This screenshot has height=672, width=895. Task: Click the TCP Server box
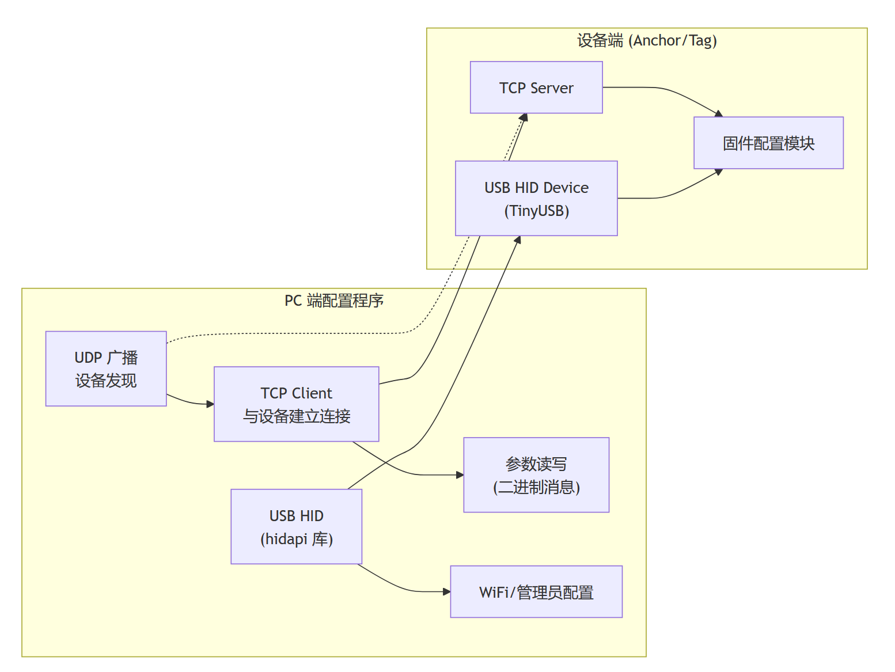(536, 88)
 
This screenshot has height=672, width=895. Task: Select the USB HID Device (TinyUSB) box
(536, 198)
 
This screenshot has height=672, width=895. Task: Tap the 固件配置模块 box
(768, 143)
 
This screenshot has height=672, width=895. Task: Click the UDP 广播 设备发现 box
(106, 369)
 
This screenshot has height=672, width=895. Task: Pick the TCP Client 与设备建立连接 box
(296, 404)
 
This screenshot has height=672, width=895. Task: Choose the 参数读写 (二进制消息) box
(536, 475)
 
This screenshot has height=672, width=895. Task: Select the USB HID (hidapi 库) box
(296, 526)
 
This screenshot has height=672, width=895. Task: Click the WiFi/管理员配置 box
(536, 592)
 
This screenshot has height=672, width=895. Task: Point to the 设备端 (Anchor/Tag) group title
(647, 41)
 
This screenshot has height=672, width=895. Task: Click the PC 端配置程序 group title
(334, 301)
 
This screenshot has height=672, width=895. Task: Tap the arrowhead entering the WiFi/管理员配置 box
(446, 591)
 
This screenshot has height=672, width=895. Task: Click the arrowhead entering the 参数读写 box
(460, 475)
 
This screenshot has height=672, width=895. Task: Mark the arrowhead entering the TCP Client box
(210, 404)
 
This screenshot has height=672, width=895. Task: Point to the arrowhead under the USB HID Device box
(518, 240)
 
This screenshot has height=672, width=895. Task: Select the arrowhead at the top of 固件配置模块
(719, 114)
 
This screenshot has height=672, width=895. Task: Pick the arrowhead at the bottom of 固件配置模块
(719, 172)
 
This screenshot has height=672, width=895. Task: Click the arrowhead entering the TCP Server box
(524, 117)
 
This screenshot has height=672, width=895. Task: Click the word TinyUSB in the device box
(537, 211)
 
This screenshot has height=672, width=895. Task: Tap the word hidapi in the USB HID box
(286, 539)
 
